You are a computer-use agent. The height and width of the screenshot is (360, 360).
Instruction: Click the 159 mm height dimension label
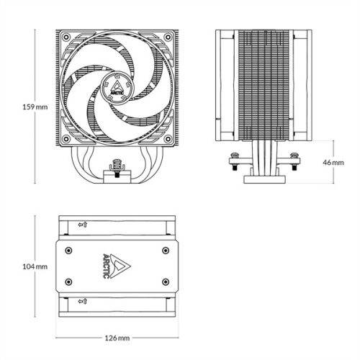[x=16, y=107]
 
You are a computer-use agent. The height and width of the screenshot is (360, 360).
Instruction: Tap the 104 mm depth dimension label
[x=16, y=266]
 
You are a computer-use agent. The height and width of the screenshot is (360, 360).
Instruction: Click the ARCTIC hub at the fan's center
[x=116, y=87]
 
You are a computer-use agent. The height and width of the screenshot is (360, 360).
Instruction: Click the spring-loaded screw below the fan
[x=116, y=167]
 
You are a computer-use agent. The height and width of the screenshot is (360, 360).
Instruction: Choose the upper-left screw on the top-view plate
[x=68, y=250]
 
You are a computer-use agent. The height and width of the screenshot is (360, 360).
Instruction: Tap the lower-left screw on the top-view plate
[x=68, y=280]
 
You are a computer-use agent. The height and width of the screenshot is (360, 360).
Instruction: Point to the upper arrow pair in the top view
[x=83, y=225]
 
